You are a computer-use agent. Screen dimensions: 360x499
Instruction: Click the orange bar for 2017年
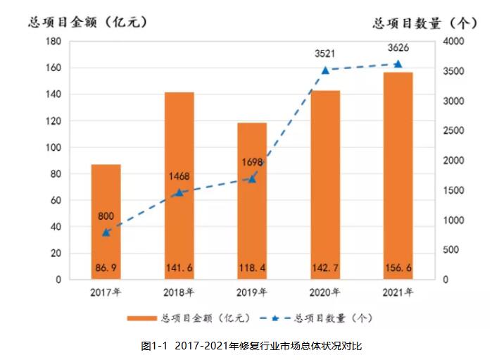[x=106, y=222]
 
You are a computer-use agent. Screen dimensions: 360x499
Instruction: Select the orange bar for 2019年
[x=252, y=201]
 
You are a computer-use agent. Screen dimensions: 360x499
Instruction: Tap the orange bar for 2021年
[x=398, y=176]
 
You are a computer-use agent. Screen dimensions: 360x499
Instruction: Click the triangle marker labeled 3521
[x=325, y=70]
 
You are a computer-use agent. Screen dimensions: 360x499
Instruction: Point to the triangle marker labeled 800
[x=106, y=232]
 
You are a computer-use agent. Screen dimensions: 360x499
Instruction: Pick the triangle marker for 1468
[x=179, y=192]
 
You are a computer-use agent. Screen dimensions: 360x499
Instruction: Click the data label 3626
[x=398, y=47]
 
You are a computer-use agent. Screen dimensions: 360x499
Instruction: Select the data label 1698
[x=251, y=163]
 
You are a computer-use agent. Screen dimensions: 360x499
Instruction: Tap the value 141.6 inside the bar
[x=179, y=268]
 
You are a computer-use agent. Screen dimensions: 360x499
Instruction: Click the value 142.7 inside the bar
[x=325, y=268]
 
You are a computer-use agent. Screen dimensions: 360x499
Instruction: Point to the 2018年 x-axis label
[x=179, y=291]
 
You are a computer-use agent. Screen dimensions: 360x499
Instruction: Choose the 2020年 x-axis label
[x=325, y=291]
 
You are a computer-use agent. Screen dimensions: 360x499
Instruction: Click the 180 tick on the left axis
[x=52, y=42]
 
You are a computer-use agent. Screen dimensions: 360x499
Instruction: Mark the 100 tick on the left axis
[x=52, y=147]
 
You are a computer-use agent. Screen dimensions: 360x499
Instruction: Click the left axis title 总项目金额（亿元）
[x=88, y=22]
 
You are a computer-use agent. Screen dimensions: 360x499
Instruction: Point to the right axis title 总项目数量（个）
[x=425, y=23]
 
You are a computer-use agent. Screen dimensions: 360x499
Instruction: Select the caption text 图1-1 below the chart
[x=153, y=346]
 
